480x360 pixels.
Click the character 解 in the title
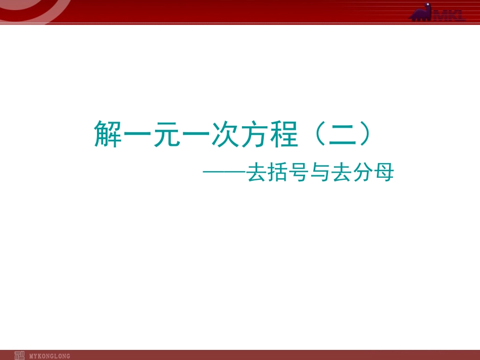108,134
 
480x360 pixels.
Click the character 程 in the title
283,134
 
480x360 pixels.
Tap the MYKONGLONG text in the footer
50,356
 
